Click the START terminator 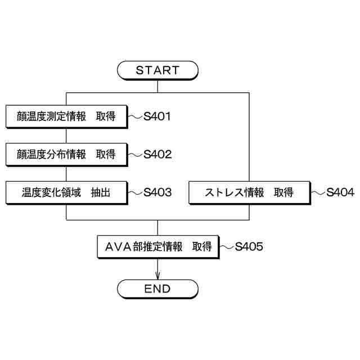pyautogui.click(x=157, y=70)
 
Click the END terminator pyautogui.click(x=157, y=289)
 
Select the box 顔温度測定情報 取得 pyautogui.click(x=67, y=116)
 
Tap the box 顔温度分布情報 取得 pyautogui.click(x=67, y=154)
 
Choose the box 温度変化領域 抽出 pyautogui.click(x=67, y=192)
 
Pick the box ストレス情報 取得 pyautogui.click(x=249, y=192)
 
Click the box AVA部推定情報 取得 pyautogui.click(x=157, y=246)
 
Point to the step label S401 pyautogui.click(x=157, y=117)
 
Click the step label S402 pyautogui.click(x=157, y=155)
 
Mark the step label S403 pyautogui.click(x=157, y=192)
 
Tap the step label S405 pyautogui.click(x=249, y=246)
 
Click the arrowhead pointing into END pyautogui.click(x=157, y=276)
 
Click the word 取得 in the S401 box pyautogui.click(x=105, y=116)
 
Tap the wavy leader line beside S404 pyautogui.click(x=318, y=192)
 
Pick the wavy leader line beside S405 pyautogui.click(x=227, y=246)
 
